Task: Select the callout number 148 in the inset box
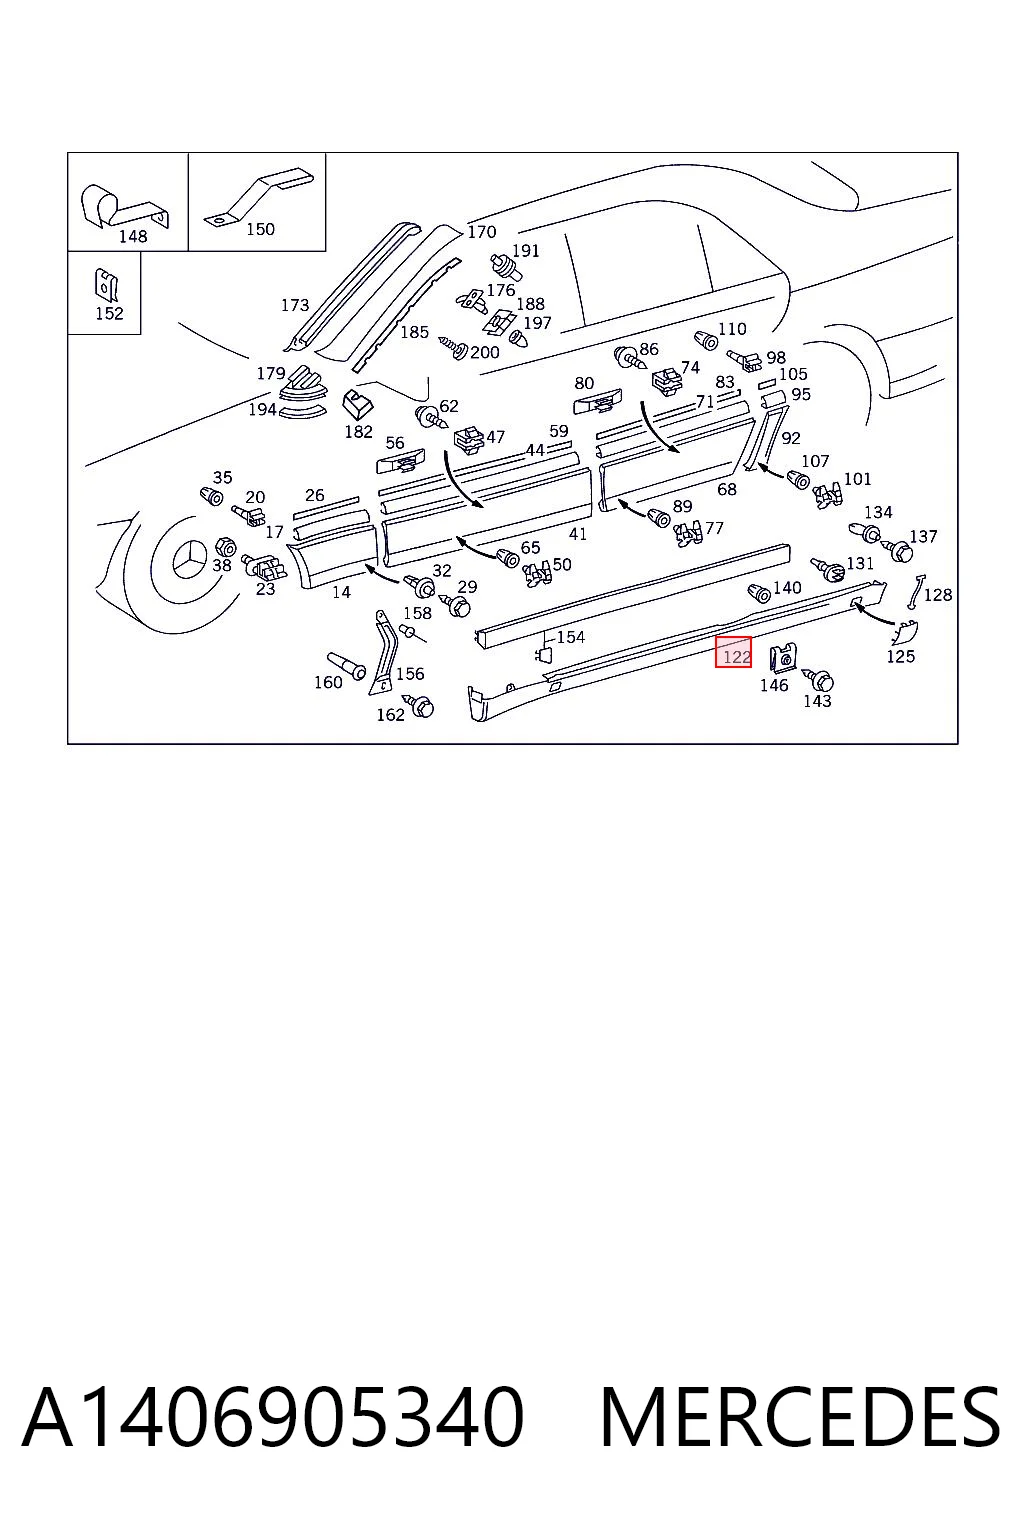click(x=132, y=237)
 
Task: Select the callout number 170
click(x=481, y=232)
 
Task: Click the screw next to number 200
click(x=453, y=346)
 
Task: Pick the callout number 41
click(x=578, y=533)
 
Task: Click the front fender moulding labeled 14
click(x=331, y=556)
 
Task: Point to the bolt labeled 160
click(x=346, y=665)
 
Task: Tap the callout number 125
click(x=900, y=656)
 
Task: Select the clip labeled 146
click(x=783, y=658)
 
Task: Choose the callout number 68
click(x=726, y=489)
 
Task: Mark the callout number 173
click(x=295, y=304)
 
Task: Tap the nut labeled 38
click(x=225, y=547)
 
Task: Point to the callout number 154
click(x=571, y=637)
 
